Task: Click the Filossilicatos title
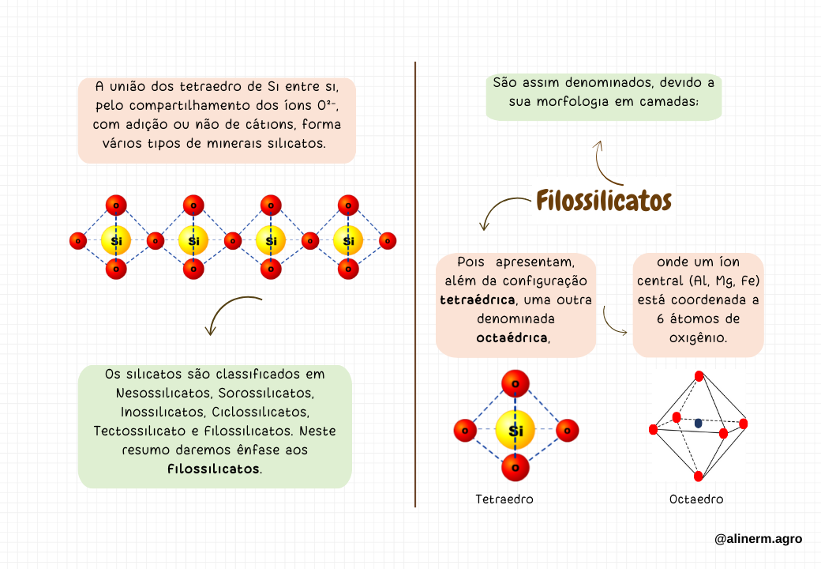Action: click(604, 201)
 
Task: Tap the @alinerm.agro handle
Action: click(758, 539)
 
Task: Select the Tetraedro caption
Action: click(504, 499)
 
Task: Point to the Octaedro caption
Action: click(696, 499)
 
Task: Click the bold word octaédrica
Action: click(512, 338)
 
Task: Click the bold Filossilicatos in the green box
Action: click(213, 469)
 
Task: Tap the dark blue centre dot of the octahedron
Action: click(698, 424)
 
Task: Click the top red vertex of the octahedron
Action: click(698, 376)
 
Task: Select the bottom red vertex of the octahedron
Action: click(699, 476)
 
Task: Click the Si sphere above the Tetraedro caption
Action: click(515, 431)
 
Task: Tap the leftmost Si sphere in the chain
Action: click(116, 240)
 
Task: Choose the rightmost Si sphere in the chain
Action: click(348, 240)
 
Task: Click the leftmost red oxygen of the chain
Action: click(77, 240)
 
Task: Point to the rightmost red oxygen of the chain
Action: click(388, 240)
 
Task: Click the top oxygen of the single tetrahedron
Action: click(515, 385)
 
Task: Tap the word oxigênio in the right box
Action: click(698, 337)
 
